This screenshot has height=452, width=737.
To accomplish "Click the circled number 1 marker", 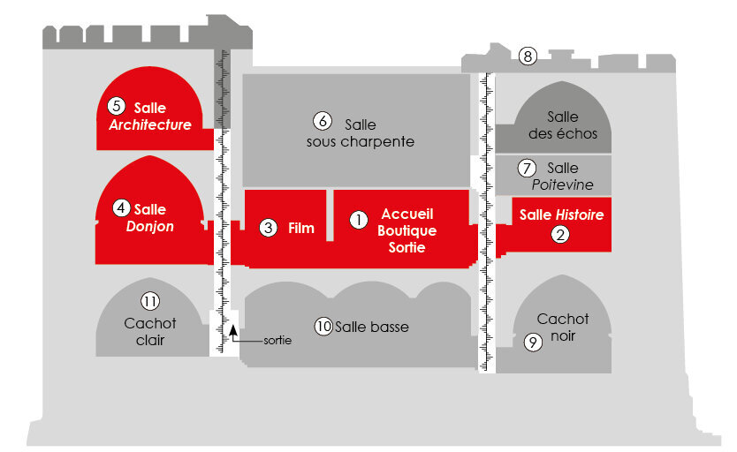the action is click(x=359, y=219).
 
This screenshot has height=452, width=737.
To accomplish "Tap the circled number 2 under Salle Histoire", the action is click(x=559, y=234).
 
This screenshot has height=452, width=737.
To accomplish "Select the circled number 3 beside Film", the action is click(x=269, y=228).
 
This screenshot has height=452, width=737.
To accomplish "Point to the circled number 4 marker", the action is click(x=121, y=207).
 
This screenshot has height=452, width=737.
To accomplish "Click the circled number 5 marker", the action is click(x=117, y=106).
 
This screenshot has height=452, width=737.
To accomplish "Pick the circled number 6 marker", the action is click(x=323, y=121).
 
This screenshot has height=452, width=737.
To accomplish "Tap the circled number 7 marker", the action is click(x=527, y=168).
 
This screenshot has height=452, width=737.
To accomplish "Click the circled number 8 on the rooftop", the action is click(x=528, y=56).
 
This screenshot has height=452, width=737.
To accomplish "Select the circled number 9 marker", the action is click(x=533, y=343).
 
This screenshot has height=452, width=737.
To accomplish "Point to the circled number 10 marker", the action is click(x=323, y=327).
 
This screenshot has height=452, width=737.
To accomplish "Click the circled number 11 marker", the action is click(x=150, y=301).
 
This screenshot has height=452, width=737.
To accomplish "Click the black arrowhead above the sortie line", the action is click(x=232, y=329).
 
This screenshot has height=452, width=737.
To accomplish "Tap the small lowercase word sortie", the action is click(x=277, y=340).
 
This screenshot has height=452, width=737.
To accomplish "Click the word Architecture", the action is click(x=150, y=124).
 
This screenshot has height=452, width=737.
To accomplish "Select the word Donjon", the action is click(x=150, y=226).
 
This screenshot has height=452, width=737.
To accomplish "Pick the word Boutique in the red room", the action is click(x=407, y=230).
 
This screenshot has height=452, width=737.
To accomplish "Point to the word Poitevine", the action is click(x=563, y=185).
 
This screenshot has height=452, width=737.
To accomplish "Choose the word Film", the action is click(x=300, y=228).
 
